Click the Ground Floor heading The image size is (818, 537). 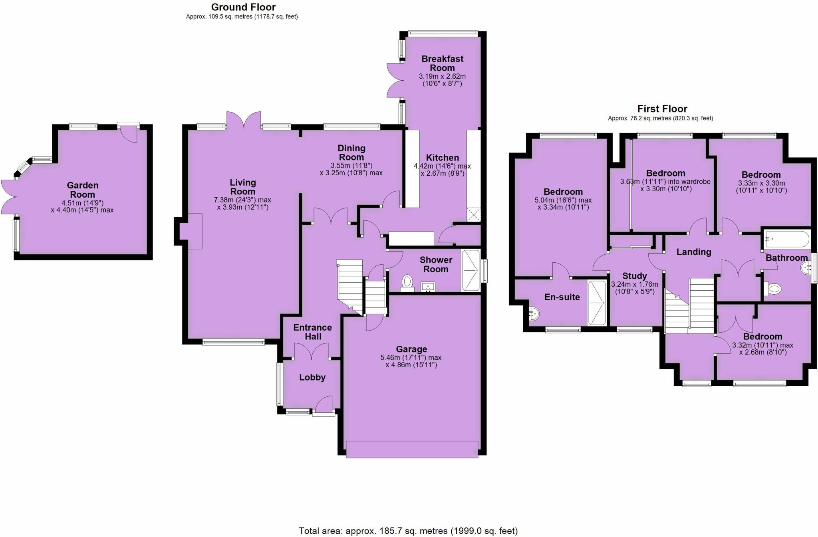(x=243, y=7)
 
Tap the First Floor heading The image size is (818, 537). (x=662, y=109)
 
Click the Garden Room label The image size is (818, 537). (x=83, y=190)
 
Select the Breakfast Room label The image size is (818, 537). (x=443, y=63)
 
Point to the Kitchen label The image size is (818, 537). (x=442, y=158)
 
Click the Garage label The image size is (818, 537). (x=411, y=349)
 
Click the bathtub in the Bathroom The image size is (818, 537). (x=786, y=240)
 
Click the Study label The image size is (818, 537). (x=635, y=276)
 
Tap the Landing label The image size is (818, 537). (x=694, y=252)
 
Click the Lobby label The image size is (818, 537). (x=312, y=377)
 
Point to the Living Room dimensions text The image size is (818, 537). (x=243, y=204)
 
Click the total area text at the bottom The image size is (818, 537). (x=408, y=531)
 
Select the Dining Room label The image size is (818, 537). (x=351, y=153)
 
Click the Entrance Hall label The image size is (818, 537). (x=313, y=332)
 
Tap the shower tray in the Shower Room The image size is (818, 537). (x=471, y=270)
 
